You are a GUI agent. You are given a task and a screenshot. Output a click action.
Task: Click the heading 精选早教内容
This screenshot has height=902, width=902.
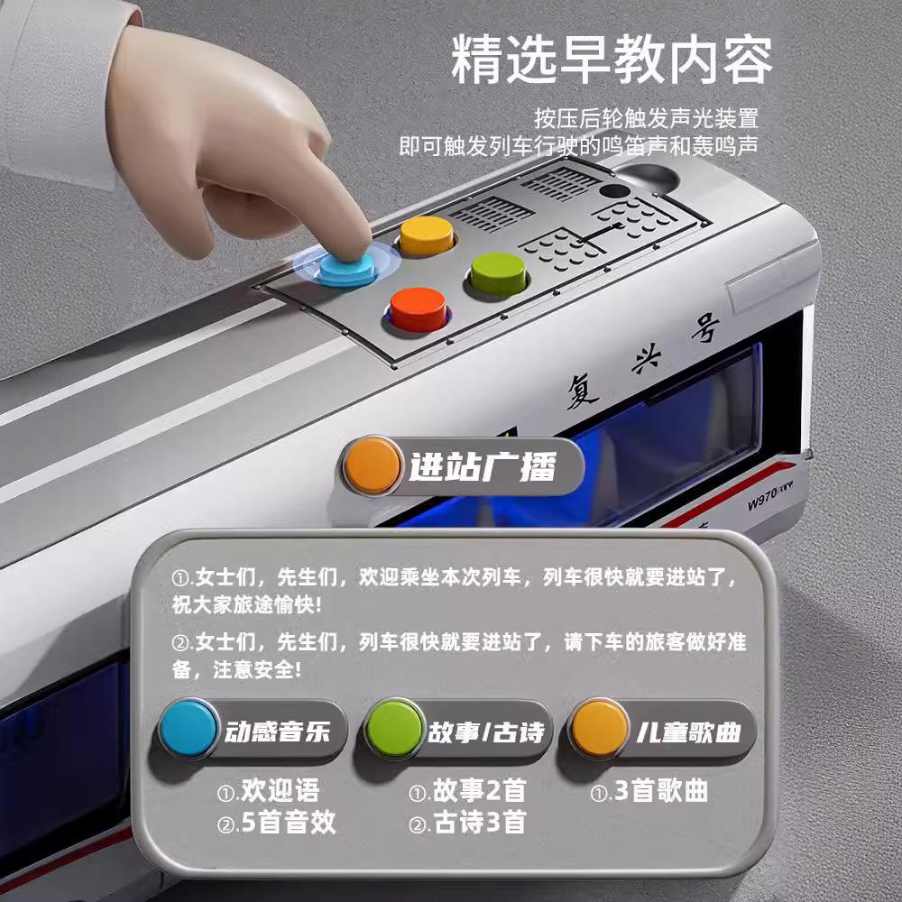click(612, 60)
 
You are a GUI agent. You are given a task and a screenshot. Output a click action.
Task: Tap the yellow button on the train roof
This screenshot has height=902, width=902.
click(426, 234)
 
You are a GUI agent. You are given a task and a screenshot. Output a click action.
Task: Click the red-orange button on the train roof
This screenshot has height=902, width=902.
click(418, 308)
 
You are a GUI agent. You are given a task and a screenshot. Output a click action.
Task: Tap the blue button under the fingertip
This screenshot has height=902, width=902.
click(347, 266)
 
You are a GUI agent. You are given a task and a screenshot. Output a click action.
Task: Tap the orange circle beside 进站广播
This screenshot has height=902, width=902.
click(373, 465)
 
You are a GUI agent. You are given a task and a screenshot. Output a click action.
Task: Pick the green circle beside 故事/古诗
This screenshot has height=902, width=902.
click(394, 727)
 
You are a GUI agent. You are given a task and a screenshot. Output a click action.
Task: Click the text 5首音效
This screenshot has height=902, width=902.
click(286, 823)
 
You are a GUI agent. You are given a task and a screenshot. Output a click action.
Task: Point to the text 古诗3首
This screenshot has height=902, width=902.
click(478, 823)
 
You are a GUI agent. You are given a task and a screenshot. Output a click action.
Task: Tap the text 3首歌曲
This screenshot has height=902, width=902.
click(660, 792)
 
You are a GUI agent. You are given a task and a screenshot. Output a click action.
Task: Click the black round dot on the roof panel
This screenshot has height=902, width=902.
click(615, 191)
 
